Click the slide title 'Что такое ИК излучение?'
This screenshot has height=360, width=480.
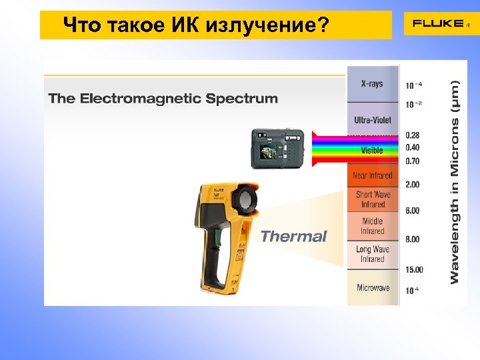tap(196, 26)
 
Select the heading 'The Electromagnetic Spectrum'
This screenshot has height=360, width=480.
tap(163, 99)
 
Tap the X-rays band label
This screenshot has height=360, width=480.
tap(372, 83)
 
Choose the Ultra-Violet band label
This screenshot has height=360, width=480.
tap(373, 120)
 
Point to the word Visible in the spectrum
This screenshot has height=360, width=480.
tap(372, 151)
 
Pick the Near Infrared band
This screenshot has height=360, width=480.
tap(372, 175)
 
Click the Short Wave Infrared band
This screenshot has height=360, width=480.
tap(373, 199)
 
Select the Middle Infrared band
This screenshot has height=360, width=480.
tap(373, 226)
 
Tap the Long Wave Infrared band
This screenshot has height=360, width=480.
tap(373, 254)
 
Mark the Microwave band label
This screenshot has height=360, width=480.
tap(373, 288)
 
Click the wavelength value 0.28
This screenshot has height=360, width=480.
tap(413, 135)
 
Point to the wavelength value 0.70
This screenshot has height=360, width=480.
tap(413, 161)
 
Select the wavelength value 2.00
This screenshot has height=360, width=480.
tap(413, 184)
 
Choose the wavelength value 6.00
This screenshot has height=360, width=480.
tap(413, 211)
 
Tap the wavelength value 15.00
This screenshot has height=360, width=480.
tap(414, 269)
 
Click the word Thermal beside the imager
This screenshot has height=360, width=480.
tap(293, 236)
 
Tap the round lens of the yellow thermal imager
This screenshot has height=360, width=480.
tap(245, 200)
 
